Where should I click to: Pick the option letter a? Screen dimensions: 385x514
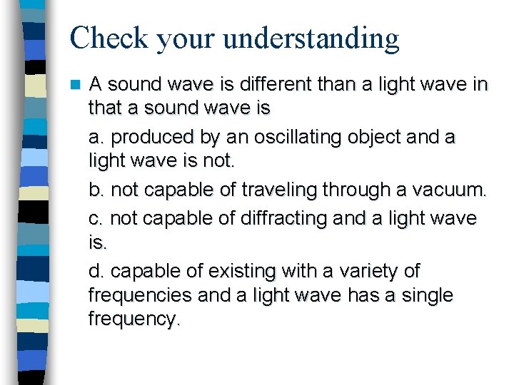pyautogui.click(x=95, y=137)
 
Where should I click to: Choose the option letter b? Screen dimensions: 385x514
pyautogui.click(x=95, y=191)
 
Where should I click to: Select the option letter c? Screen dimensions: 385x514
pyautogui.click(x=95, y=218)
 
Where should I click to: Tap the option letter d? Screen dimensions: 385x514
pyautogui.click(x=95, y=272)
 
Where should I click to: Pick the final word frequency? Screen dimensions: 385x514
pyautogui.click(x=133, y=319)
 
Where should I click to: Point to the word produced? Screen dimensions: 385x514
pyautogui.click(x=153, y=136)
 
